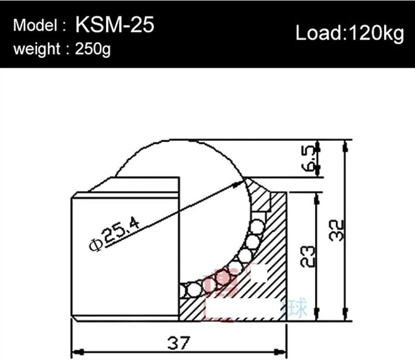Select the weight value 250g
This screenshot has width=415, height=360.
click(x=93, y=50)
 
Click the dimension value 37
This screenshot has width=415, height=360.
click(x=178, y=343)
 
